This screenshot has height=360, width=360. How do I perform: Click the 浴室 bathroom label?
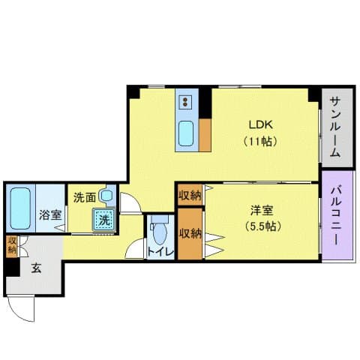(50, 214)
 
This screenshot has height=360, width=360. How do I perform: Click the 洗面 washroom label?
(83, 197)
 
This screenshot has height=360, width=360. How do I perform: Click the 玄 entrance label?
(35, 268)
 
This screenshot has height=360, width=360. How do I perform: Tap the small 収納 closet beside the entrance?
(12, 245)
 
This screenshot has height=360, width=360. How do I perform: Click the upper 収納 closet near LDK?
(190, 196)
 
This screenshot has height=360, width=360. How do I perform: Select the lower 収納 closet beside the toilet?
(190, 232)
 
